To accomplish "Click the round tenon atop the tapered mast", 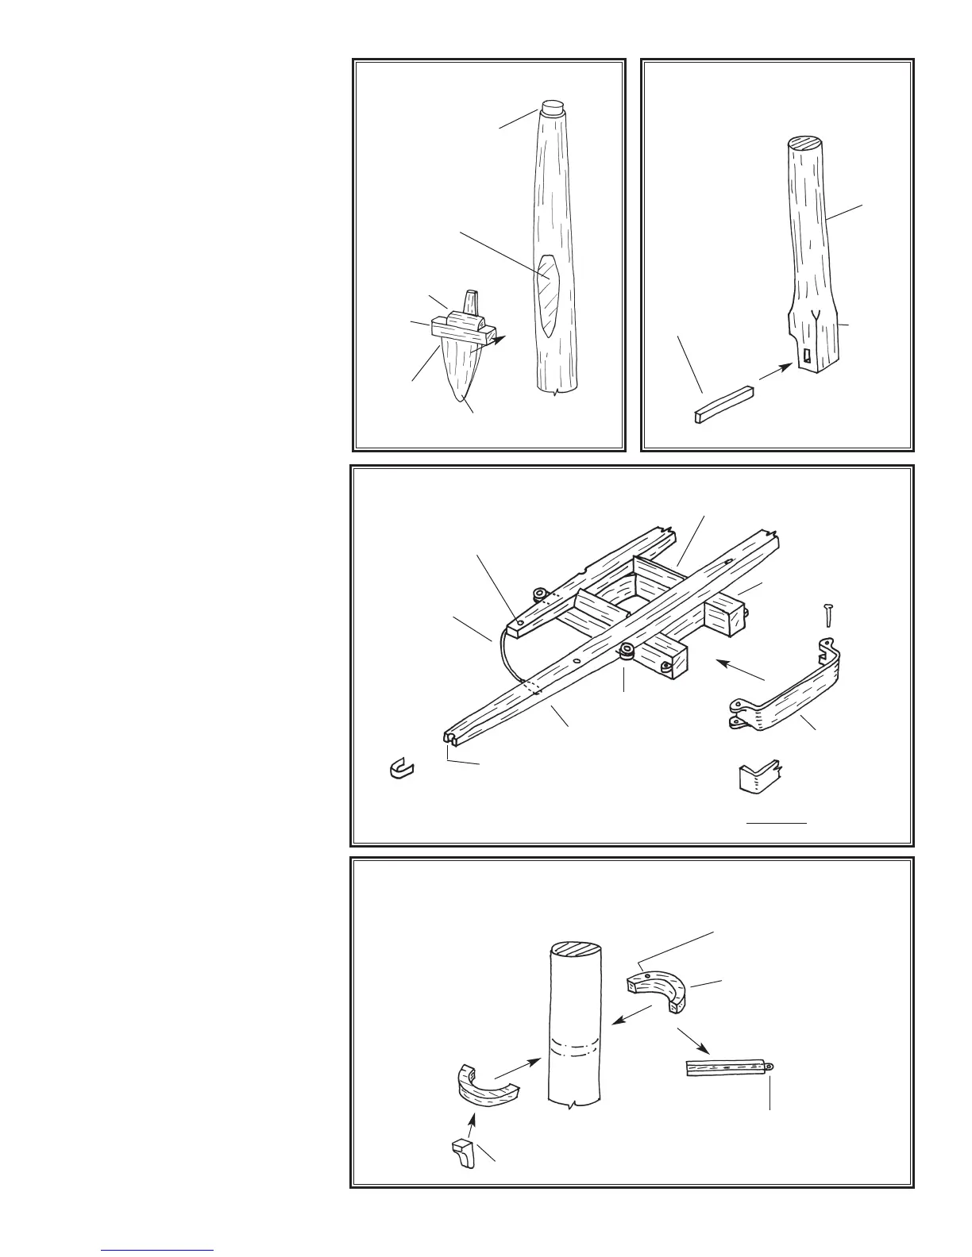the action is pyautogui.click(x=552, y=106).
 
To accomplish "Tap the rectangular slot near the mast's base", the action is pyautogui.click(x=808, y=359).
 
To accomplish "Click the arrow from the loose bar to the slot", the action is pyautogui.click(x=774, y=372).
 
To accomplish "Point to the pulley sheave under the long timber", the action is pyautogui.click(x=627, y=652).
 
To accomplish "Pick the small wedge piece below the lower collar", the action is pyautogui.click(x=462, y=1154).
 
